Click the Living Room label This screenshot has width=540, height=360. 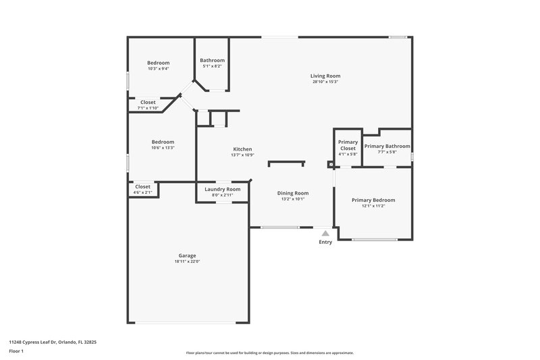[325, 76]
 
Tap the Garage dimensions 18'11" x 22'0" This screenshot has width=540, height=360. [187, 261]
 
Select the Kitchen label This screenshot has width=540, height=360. [242, 149]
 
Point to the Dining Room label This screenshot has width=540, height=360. [293, 193]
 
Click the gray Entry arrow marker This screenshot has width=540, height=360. [325, 233]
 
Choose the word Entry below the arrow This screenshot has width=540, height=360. [325, 242]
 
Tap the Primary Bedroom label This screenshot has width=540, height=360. [373, 200]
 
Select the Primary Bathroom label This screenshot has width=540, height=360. [387, 146]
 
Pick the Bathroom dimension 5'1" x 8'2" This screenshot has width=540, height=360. [212, 66]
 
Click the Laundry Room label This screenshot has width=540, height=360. [222, 189]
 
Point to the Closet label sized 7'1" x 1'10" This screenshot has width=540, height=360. [148, 103]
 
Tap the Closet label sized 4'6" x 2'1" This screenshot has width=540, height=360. [142, 186]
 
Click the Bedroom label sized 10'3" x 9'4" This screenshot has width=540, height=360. [158, 63]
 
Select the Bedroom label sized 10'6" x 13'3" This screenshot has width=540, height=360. [163, 142]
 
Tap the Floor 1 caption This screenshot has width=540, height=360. [16, 352]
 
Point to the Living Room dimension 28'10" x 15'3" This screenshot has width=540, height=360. [325, 82]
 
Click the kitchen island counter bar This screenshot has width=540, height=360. [287, 163]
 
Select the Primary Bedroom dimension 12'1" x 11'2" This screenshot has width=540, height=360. [373, 206]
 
